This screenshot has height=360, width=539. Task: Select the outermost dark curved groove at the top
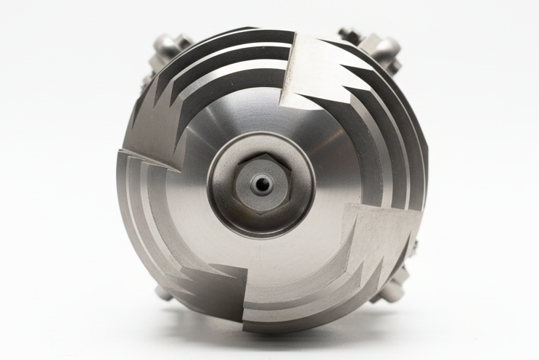point(239,36)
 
